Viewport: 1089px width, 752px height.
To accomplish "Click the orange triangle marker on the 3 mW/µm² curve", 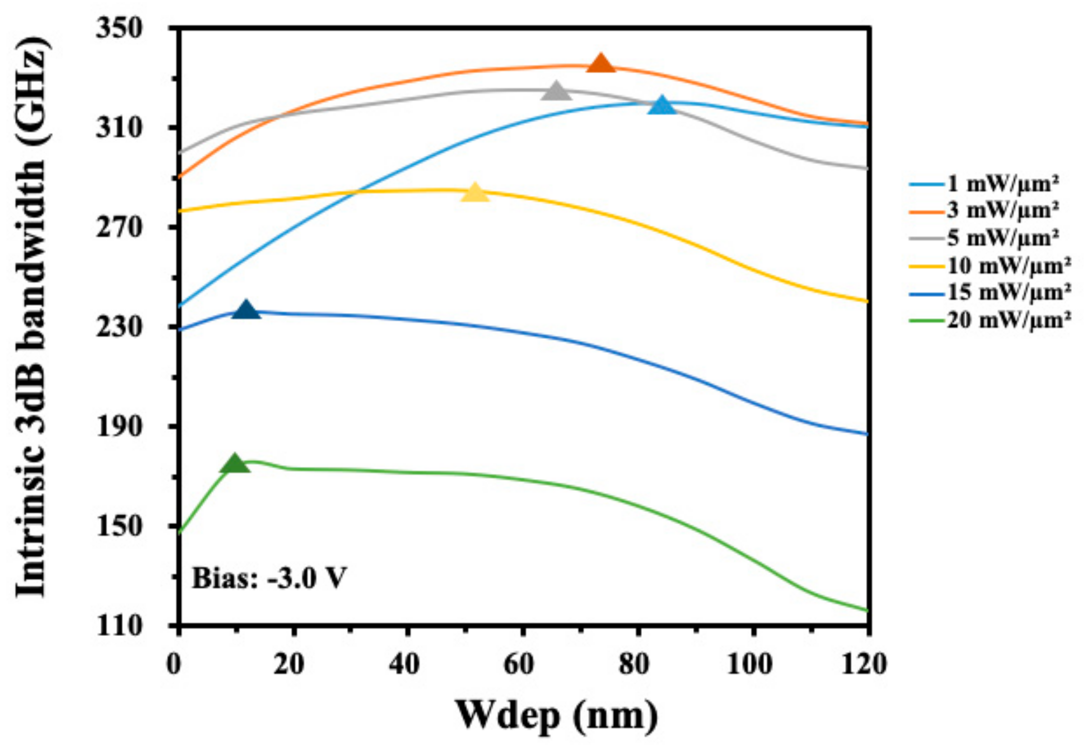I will coord(601,64).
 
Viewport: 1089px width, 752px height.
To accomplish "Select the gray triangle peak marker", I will coord(556,92).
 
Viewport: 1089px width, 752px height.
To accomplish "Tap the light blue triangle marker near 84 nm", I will coord(662,106).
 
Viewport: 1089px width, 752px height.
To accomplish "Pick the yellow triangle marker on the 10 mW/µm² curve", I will coord(475,193).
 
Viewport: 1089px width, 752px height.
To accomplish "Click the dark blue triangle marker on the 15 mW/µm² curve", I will coord(246,310).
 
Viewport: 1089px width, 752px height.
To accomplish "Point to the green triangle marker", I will coord(235,464).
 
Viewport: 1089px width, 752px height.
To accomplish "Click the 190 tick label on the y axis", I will coord(119,427).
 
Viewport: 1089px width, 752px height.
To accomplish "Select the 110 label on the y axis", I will coord(119,626).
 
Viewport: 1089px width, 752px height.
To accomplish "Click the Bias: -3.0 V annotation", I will coord(269,578).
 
